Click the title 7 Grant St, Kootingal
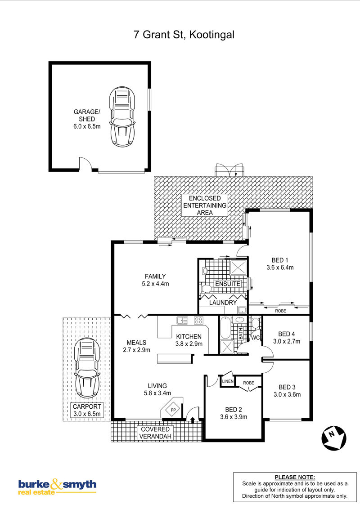184,35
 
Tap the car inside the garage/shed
122,116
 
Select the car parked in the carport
87,368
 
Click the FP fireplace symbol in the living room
173,410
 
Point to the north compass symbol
334,438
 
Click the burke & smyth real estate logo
57,487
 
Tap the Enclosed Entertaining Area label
205,205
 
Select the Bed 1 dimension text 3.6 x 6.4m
280,268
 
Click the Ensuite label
228,284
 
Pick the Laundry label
223,303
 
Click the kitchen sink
182,321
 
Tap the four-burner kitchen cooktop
198,321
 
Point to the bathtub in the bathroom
225,328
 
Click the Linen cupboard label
228,381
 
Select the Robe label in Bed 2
248,383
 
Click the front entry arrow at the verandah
193,420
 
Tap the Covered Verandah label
155,433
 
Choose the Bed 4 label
287,334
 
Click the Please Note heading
295,477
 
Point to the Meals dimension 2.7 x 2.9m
136,350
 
